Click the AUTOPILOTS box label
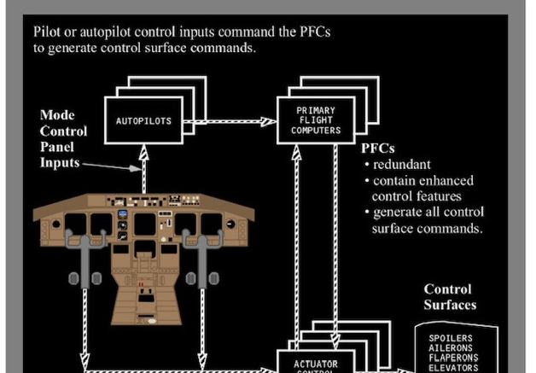(x=143, y=121)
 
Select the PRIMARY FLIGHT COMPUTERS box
(x=316, y=120)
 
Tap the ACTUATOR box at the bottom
(x=317, y=363)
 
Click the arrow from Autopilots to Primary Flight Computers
(x=230, y=121)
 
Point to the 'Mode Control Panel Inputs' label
(x=64, y=138)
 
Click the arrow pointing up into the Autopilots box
(x=143, y=171)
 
